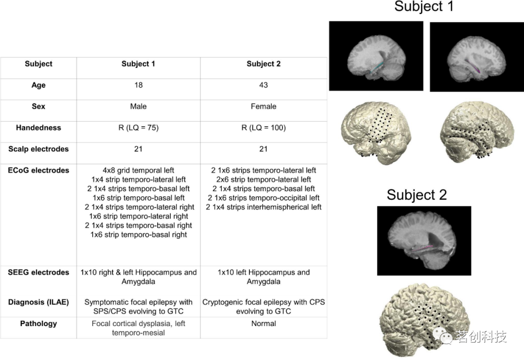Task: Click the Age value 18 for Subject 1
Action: [138, 85]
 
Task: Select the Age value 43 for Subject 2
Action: [263, 85]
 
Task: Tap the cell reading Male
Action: [138, 106]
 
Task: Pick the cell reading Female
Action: [263, 106]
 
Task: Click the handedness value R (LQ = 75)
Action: [138, 128]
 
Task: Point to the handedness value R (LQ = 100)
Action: [263, 128]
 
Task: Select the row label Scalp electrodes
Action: [38, 149]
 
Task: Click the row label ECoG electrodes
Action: [38, 170]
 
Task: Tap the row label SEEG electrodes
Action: [38, 272]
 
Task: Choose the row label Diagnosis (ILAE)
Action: [38, 302]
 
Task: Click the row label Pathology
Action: [38, 324]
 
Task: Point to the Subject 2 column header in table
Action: [263, 64]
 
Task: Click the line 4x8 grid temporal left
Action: [138, 170]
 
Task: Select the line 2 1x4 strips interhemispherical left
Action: [263, 207]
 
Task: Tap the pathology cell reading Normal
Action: [263, 324]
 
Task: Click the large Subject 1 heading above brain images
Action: [424, 6]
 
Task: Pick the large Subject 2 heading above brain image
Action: [417, 195]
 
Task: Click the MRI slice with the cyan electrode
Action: [376, 56]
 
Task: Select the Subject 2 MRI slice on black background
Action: [424, 241]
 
